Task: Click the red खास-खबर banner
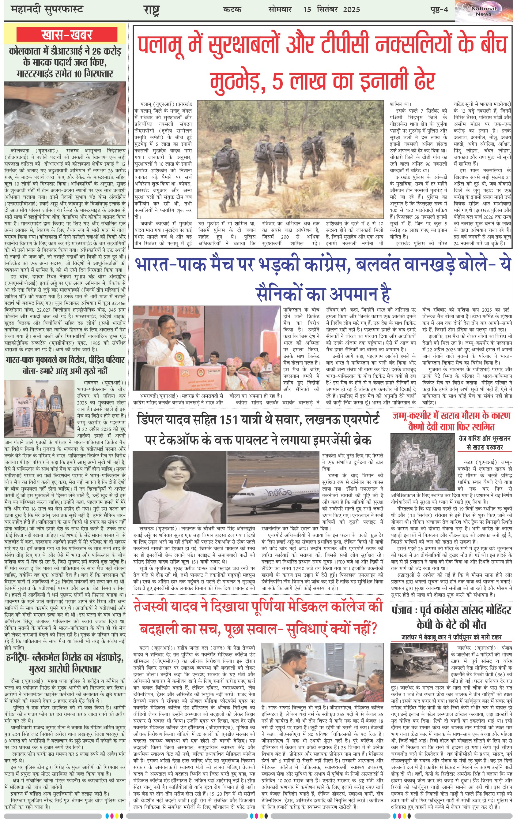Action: coord(67,35)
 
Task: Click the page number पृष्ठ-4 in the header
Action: coord(439,9)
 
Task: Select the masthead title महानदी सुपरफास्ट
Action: coord(47,9)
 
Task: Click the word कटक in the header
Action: coord(232,9)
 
